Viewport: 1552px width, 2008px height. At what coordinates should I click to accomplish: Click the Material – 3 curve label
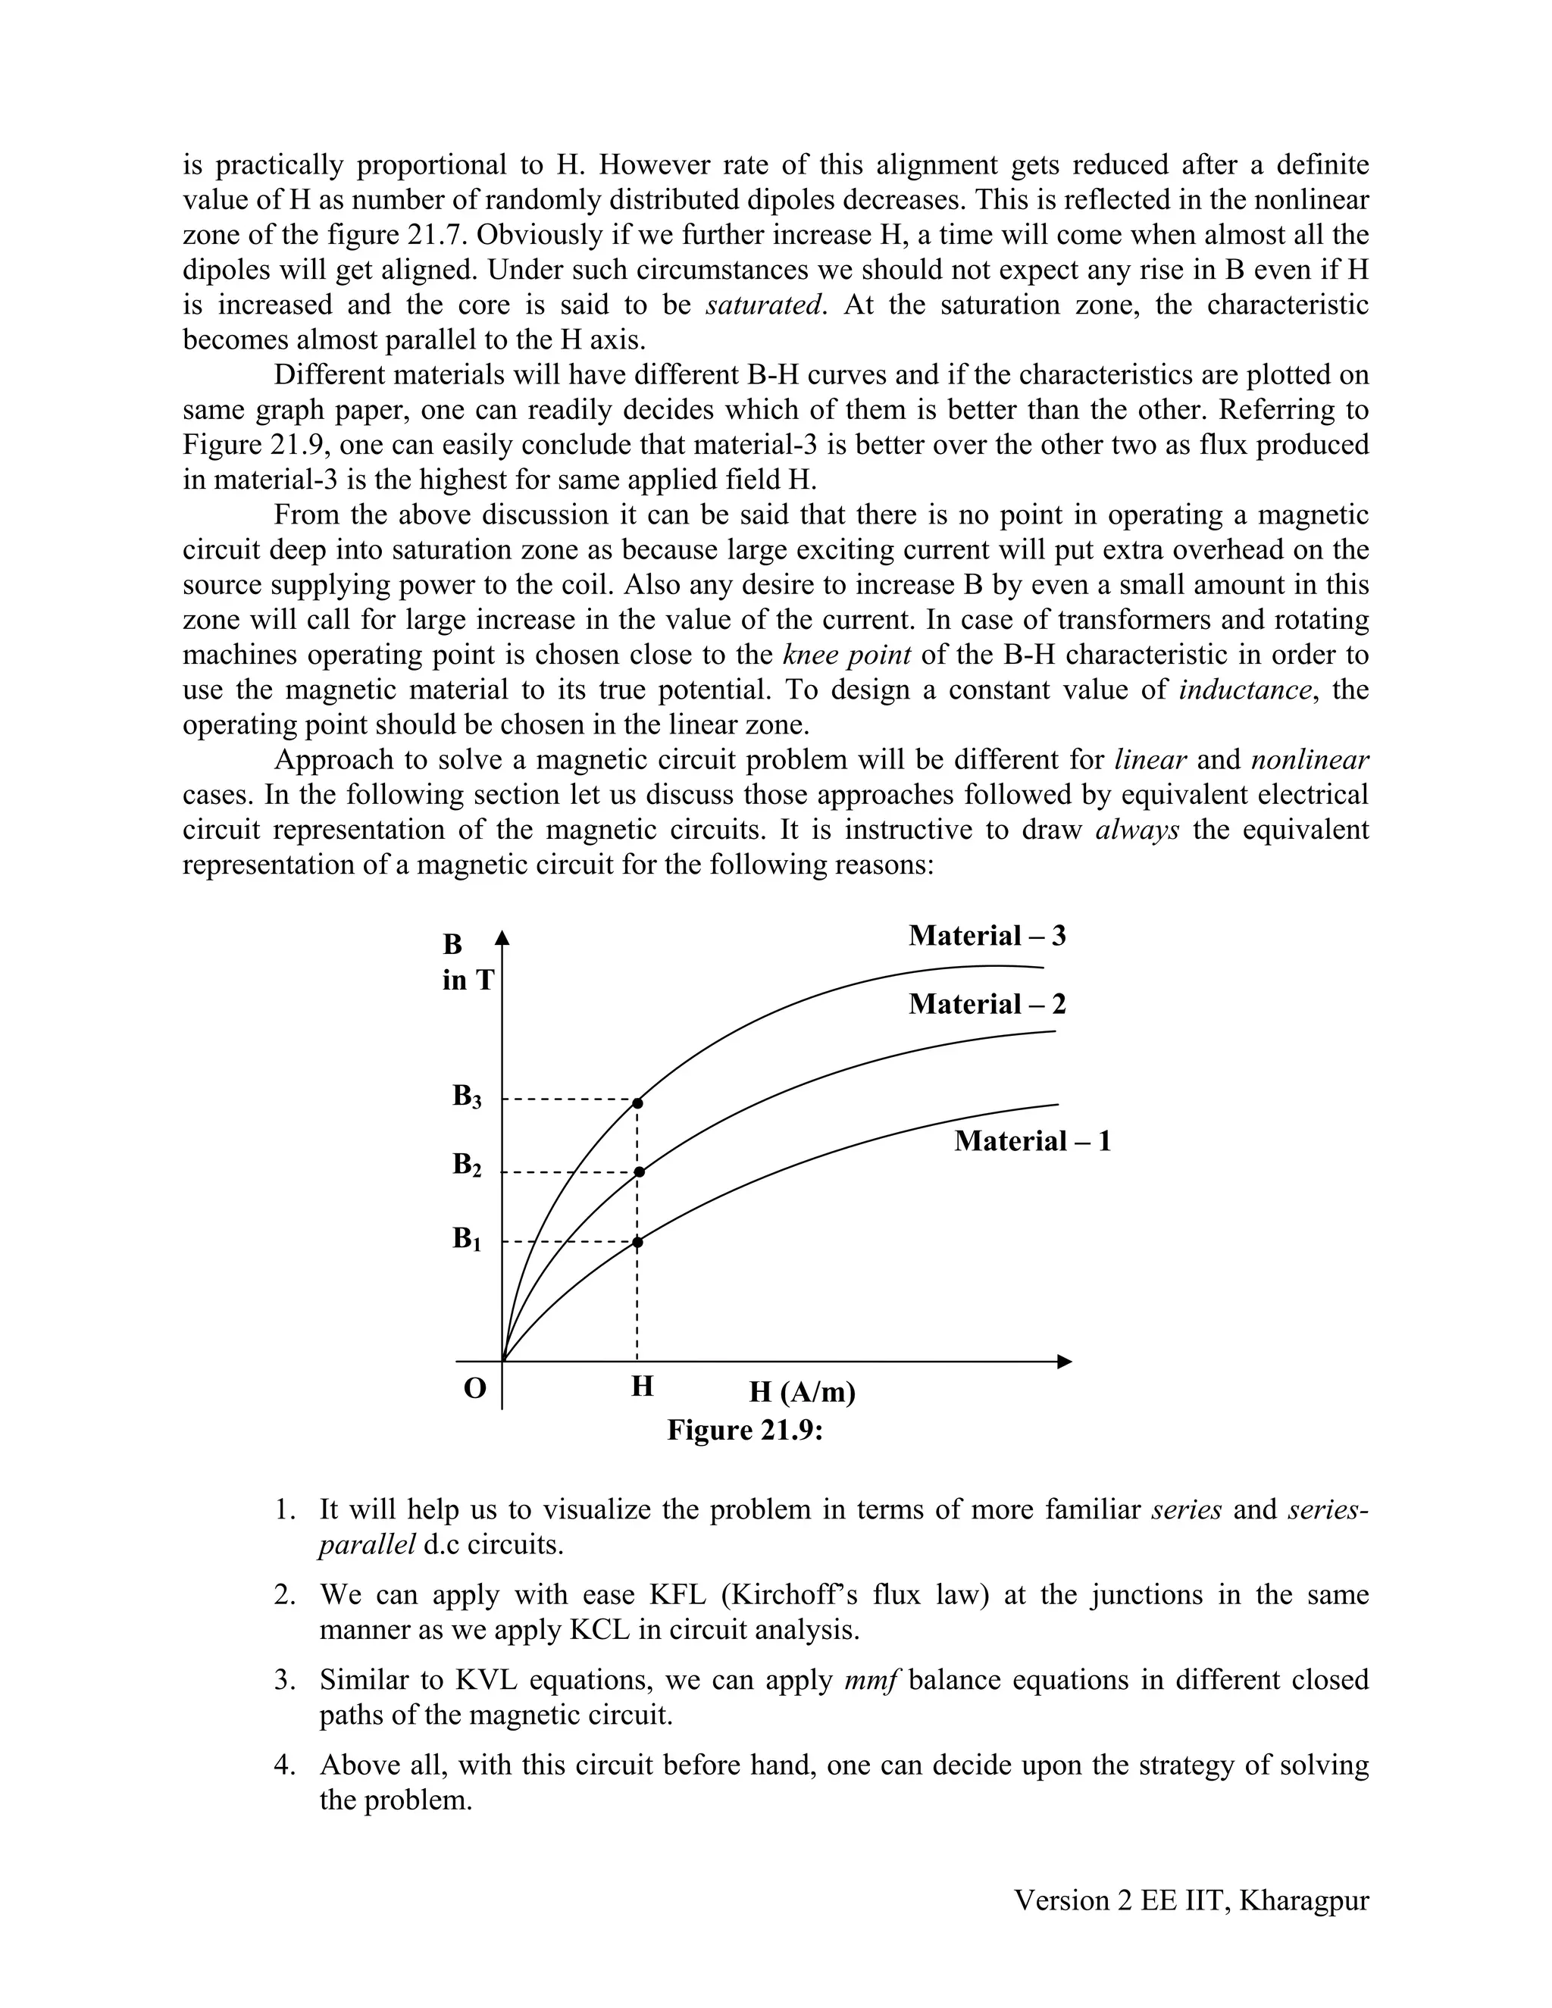(987, 936)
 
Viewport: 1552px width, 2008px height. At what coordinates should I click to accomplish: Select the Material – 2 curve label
(987, 1004)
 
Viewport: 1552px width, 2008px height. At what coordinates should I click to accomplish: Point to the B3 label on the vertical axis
(466, 1096)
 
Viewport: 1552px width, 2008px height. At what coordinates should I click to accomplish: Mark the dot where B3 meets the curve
(637, 1103)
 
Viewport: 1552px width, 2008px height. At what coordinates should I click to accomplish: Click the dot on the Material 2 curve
(640, 1171)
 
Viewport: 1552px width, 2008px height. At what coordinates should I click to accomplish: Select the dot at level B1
(637, 1242)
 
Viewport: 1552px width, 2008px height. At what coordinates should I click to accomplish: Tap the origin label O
(474, 1387)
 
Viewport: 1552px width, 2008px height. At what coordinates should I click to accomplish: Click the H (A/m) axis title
(802, 1392)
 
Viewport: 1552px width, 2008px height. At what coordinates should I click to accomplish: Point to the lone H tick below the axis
(642, 1386)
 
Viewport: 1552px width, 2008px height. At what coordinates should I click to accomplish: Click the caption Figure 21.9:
(744, 1431)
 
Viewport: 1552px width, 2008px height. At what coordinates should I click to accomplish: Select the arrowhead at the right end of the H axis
(1065, 1362)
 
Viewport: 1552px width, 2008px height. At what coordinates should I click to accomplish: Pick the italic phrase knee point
(846, 655)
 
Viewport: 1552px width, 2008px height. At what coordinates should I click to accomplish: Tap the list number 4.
(283, 1766)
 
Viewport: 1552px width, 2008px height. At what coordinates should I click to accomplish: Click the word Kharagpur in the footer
(1303, 1900)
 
